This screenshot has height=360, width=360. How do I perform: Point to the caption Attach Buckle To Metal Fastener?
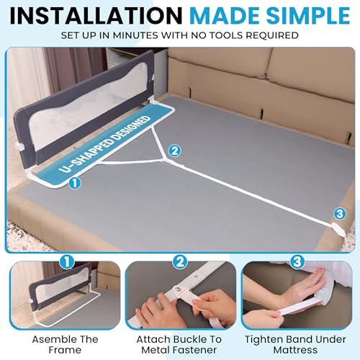click(x=180, y=340)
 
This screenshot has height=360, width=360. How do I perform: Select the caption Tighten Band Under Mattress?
click(x=299, y=340)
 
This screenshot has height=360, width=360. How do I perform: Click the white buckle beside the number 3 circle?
click(x=338, y=230)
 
